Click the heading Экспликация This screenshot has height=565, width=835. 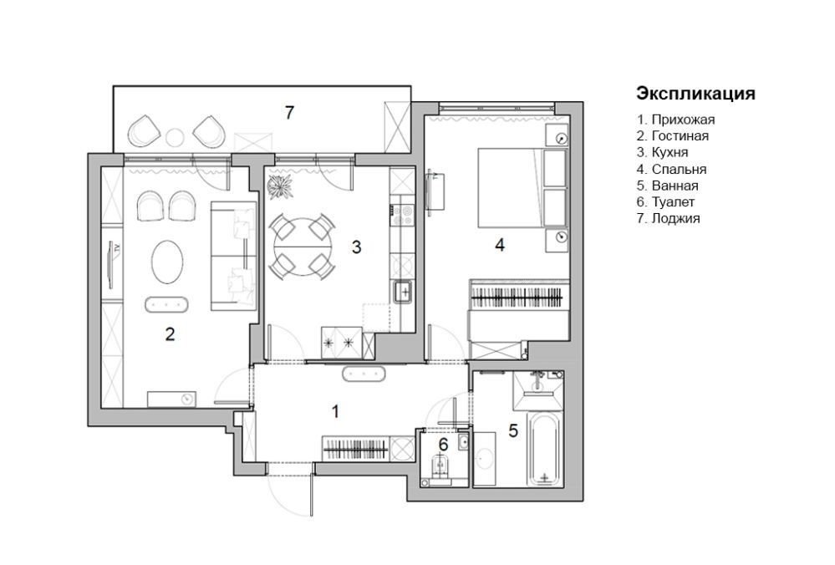[695, 94]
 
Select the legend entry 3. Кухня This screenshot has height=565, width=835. [663, 152]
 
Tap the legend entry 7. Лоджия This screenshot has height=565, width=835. [669, 218]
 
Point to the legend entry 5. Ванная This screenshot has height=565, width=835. [667, 186]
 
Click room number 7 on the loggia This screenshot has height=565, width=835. [289, 113]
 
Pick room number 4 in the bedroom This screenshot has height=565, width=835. [500, 245]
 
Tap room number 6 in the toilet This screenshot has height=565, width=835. [444, 444]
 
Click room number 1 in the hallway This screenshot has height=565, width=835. [335, 412]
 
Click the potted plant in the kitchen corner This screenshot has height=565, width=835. [280, 186]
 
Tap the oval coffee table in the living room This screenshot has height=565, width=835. [167, 262]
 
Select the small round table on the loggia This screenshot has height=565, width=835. [175, 138]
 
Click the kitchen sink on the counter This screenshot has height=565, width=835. [403, 293]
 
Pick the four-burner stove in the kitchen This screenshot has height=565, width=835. [403, 215]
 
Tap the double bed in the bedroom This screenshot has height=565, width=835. [522, 188]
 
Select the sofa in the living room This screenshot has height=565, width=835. [234, 256]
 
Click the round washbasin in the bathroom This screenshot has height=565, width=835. [485, 459]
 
